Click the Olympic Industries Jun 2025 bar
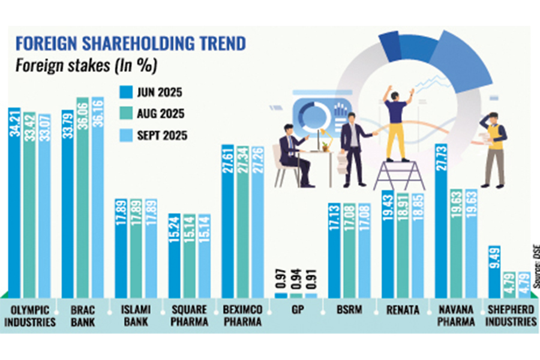coord(14,204)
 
